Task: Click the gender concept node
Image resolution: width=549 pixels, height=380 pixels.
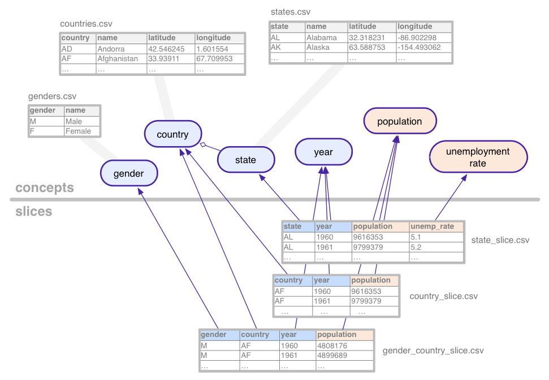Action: (129, 173)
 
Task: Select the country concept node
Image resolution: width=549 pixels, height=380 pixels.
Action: (172, 134)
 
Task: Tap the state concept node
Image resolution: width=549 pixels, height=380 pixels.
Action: (245, 160)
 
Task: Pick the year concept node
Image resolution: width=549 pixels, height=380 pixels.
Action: (323, 152)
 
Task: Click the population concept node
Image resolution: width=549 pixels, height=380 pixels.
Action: (399, 121)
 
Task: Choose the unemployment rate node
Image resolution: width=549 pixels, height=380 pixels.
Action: (478, 157)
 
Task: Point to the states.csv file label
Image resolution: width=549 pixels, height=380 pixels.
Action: (291, 12)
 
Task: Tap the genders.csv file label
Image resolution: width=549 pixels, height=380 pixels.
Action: (52, 96)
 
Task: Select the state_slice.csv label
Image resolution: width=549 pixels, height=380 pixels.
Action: (500, 240)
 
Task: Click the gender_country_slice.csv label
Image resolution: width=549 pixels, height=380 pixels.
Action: (433, 351)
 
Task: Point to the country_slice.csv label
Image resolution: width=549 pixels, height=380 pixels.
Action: (443, 296)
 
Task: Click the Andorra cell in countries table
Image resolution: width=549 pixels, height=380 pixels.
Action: (111, 49)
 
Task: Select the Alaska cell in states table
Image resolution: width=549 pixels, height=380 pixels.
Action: (318, 47)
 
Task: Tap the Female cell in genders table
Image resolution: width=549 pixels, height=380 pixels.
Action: (78, 131)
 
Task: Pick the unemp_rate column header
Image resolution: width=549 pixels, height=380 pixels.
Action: (432, 227)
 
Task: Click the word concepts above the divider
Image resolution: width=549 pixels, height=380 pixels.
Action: (45, 188)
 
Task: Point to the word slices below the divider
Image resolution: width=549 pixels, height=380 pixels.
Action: (33, 211)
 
